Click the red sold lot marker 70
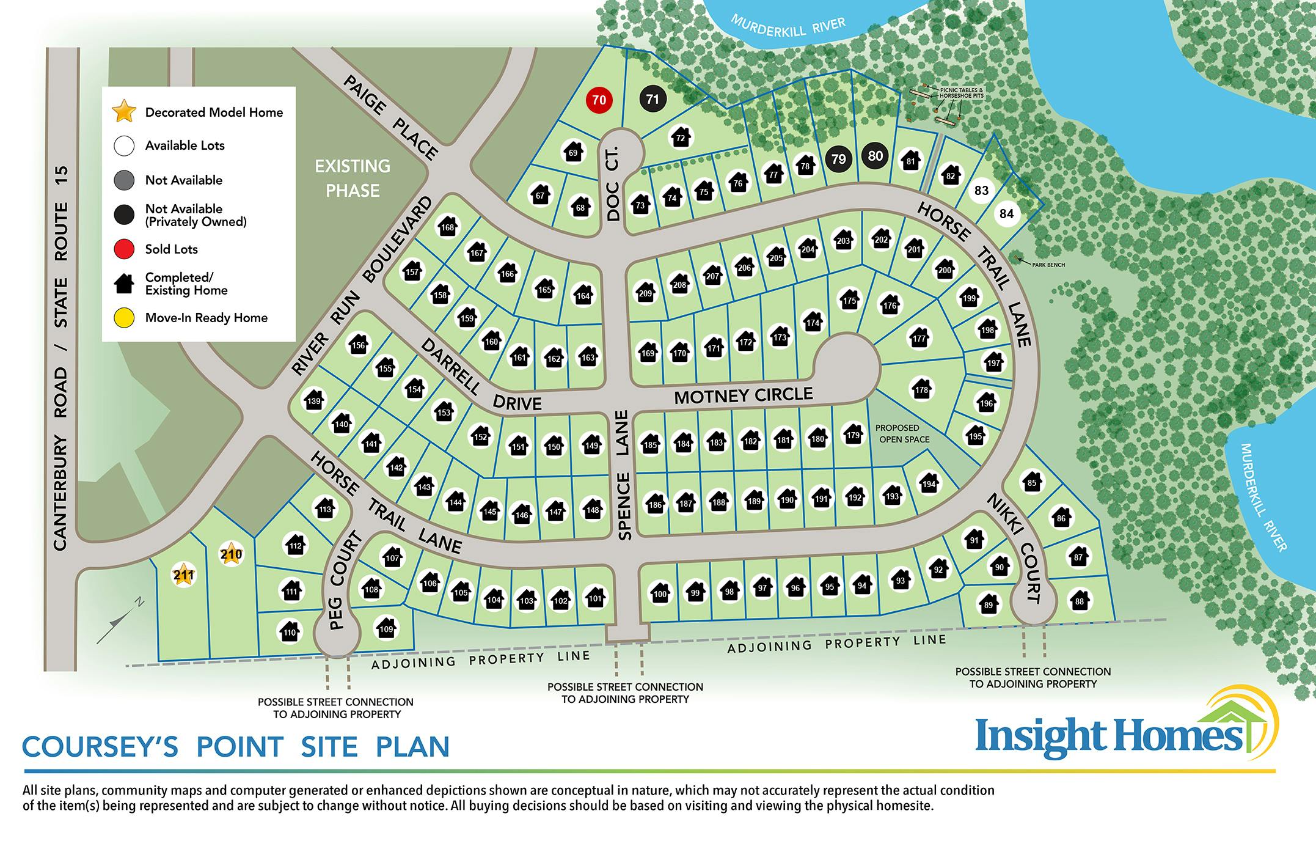point(599,100)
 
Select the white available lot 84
point(1006,213)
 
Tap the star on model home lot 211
point(183,575)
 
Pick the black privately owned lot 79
point(839,159)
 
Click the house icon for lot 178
point(921,389)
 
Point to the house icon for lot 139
point(314,401)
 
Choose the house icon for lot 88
point(1080,601)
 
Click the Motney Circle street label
point(743,395)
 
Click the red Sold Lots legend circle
point(124,249)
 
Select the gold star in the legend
point(124,112)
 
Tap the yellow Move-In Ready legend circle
point(124,318)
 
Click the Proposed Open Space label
point(902,433)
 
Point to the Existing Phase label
point(353,178)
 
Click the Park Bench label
point(1048,265)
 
